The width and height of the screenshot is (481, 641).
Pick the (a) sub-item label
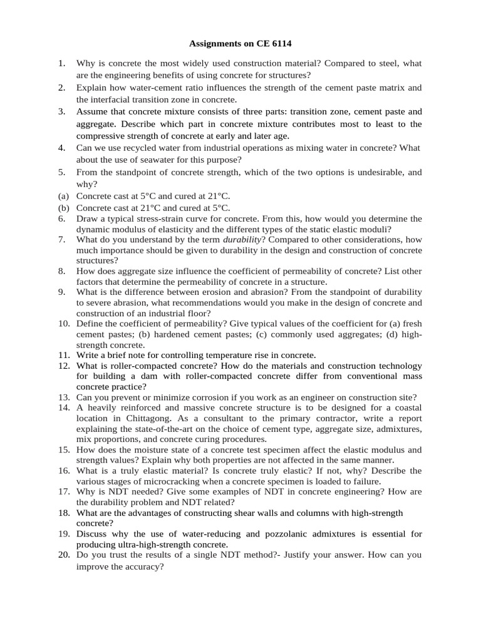[63, 196]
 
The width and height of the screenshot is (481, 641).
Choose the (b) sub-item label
[63, 207]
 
